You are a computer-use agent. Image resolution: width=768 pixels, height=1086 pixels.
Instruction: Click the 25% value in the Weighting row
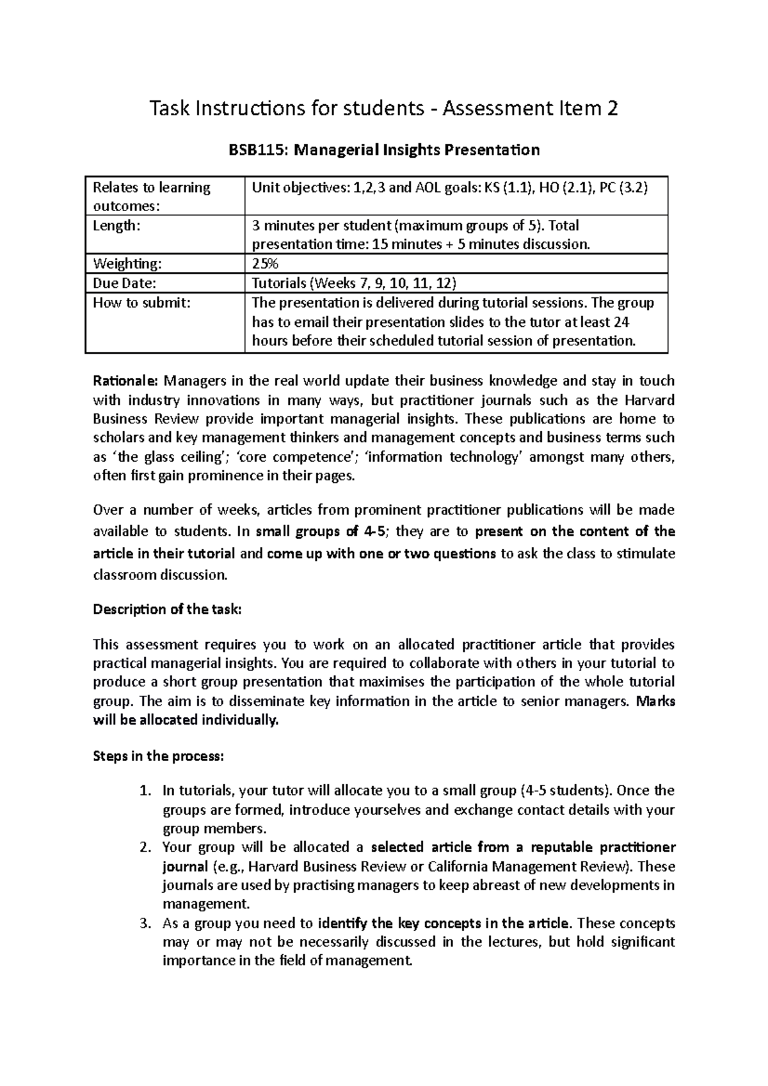pyautogui.click(x=265, y=264)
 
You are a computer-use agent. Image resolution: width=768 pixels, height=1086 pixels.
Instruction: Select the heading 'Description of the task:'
pyautogui.click(x=168, y=610)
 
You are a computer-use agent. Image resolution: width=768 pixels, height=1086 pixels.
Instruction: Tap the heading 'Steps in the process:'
pyautogui.click(x=159, y=756)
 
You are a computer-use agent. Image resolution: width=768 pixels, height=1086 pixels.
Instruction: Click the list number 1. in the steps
pyautogui.click(x=145, y=791)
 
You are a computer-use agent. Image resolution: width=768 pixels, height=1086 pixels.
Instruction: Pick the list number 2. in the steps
pyautogui.click(x=145, y=848)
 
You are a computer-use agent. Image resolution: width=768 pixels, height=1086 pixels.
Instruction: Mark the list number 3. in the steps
pyautogui.click(x=145, y=924)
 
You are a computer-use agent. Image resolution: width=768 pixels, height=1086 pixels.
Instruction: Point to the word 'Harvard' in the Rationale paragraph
pyautogui.click(x=647, y=400)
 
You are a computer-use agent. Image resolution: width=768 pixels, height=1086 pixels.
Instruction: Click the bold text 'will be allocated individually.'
pyautogui.click(x=187, y=721)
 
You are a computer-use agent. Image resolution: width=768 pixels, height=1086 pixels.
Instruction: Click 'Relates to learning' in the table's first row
pyautogui.click(x=152, y=188)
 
